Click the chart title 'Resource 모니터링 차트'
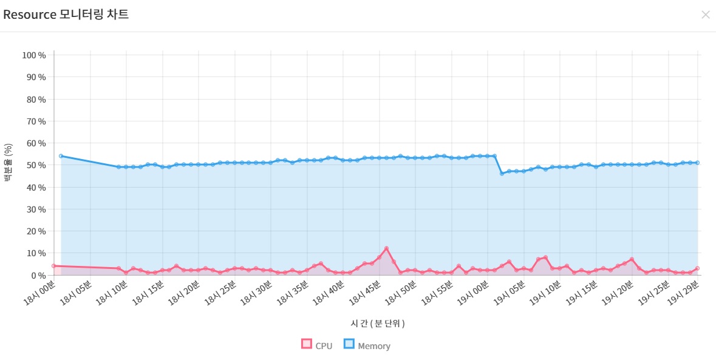click(66, 15)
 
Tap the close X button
click(705, 15)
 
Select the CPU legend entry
click(317, 345)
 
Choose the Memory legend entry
click(367, 345)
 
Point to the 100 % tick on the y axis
click(34, 55)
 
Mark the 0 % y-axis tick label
click(38, 275)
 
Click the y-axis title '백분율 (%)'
click(8, 163)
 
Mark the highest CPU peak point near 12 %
click(386, 248)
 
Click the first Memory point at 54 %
click(61, 156)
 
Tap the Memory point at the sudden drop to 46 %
click(502, 174)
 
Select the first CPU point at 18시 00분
click(53, 266)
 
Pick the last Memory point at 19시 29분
click(698, 163)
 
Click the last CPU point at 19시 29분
click(698, 268)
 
